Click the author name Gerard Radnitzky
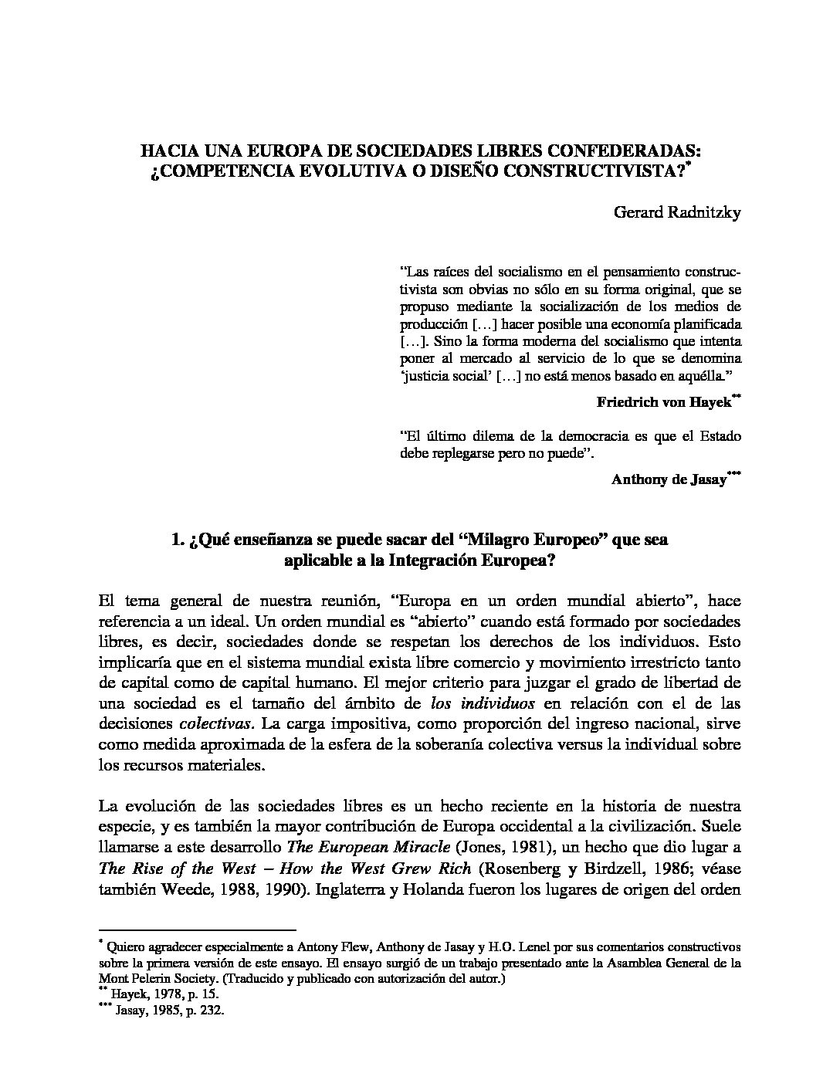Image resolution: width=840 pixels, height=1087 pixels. click(x=677, y=214)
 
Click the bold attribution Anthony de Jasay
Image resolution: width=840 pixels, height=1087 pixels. click(x=669, y=479)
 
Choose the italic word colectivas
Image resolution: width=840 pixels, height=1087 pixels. click(x=215, y=723)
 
